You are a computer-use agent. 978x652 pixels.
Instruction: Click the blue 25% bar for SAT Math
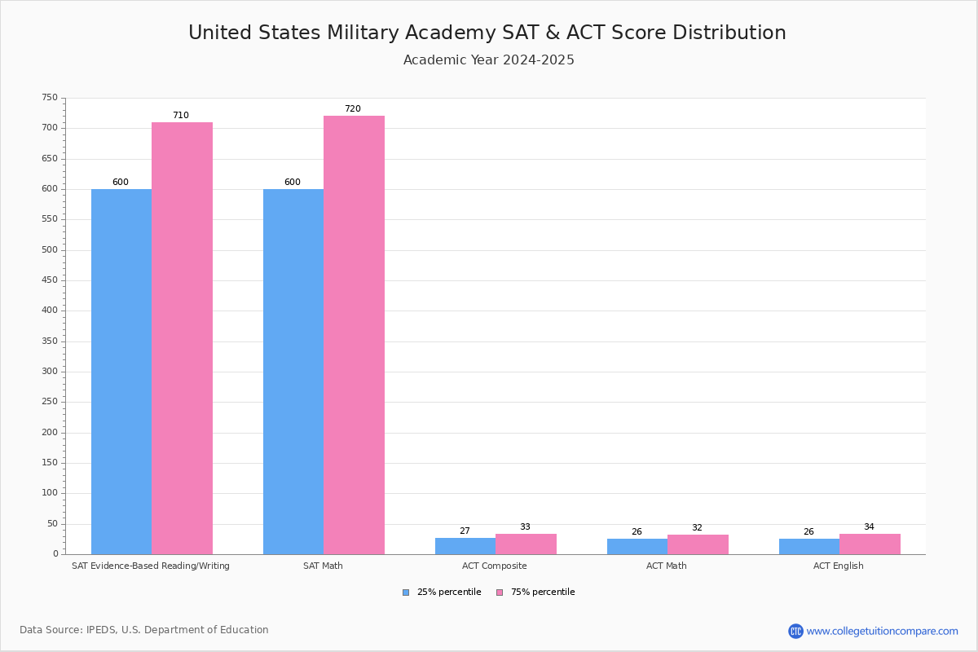tap(293, 371)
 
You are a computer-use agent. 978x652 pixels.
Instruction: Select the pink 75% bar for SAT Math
tap(354, 334)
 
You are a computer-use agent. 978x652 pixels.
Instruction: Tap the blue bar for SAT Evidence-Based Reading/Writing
tap(121, 371)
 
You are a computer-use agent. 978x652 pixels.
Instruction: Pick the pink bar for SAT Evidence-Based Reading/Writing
tap(182, 338)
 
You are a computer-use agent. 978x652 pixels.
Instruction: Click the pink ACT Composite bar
tap(526, 544)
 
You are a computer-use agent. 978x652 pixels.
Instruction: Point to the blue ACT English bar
tap(809, 546)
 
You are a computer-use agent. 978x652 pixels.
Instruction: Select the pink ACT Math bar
tap(698, 544)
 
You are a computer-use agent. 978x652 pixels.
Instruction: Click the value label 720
tap(352, 109)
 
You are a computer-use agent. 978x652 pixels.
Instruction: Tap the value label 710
tap(180, 116)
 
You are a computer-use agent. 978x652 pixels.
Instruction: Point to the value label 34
tap(869, 527)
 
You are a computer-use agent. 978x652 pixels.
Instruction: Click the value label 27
tap(465, 531)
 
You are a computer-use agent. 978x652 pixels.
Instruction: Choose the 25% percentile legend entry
tap(442, 593)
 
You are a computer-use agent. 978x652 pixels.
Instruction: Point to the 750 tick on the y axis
tap(50, 98)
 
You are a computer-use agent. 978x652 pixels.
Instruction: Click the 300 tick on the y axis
tap(50, 372)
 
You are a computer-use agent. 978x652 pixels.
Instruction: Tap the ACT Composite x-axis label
tap(495, 566)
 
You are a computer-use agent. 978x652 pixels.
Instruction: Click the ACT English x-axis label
tap(839, 566)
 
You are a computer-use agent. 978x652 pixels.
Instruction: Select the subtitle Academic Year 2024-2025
tap(489, 60)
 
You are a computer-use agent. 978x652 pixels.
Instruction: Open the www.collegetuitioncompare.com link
tap(882, 631)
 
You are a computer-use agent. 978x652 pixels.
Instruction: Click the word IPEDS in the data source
tap(101, 630)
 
